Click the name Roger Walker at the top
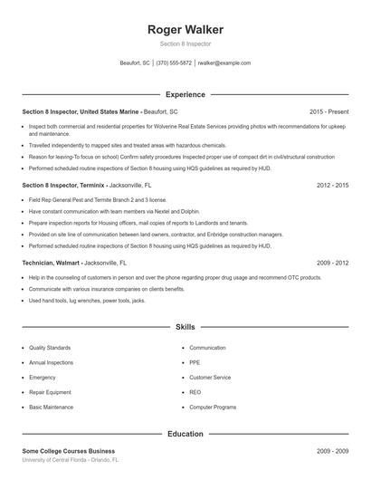coord(185,30)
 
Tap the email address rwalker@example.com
coord(224,63)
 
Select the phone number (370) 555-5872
coord(174,63)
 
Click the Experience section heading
coord(185,94)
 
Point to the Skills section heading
coord(185,326)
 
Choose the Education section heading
coord(185,434)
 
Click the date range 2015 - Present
coord(328,111)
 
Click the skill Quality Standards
coord(51,348)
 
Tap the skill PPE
coord(195,362)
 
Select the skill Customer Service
coord(210,377)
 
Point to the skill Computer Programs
coord(212,407)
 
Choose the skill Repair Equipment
coord(51,392)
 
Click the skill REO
coord(195,392)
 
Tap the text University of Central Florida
coord(58,459)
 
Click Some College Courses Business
coord(69,451)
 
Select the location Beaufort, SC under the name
coord(135,63)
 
